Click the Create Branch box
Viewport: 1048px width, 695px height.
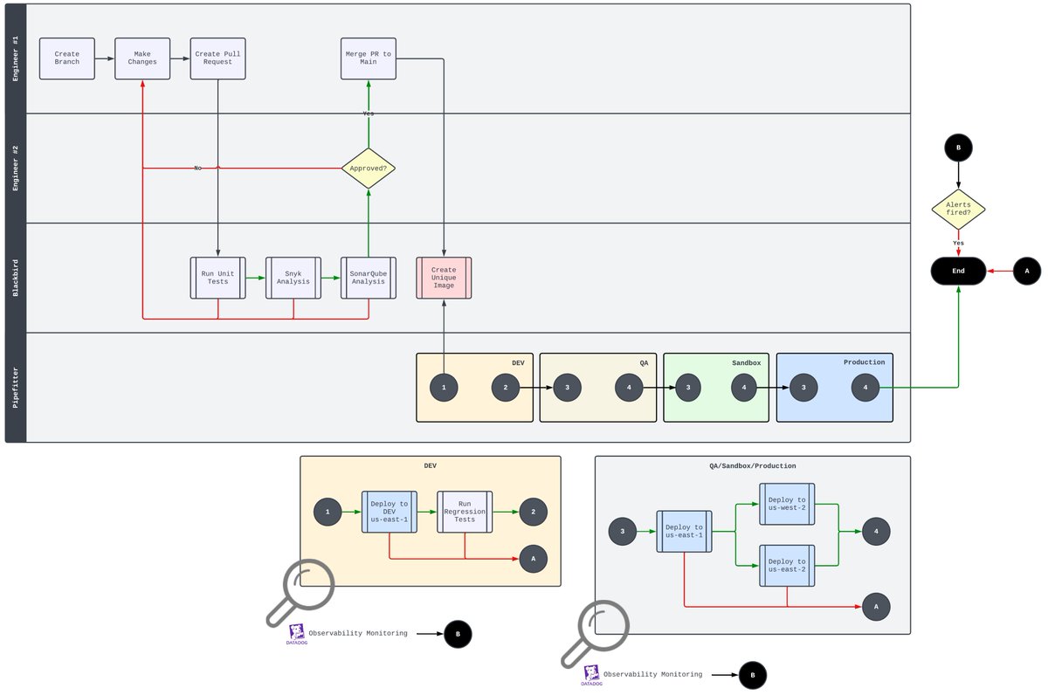point(67,58)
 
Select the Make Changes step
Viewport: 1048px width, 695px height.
point(142,58)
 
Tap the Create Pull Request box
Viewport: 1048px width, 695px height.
point(218,58)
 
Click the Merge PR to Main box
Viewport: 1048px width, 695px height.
point(369,58)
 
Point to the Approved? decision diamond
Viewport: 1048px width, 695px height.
point(369,168)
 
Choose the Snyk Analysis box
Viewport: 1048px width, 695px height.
point(293,278)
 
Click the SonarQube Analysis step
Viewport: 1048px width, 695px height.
point(369,278)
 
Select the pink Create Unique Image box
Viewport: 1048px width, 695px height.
point(444,278)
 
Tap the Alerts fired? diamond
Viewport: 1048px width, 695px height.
point(958,210)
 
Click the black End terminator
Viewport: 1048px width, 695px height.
point(958,272)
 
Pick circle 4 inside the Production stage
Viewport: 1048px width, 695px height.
point(865,388)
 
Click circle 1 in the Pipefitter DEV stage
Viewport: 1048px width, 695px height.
point(444,388)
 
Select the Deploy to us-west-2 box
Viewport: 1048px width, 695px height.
point(787,505)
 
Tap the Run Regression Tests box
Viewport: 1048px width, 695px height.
point(465,512)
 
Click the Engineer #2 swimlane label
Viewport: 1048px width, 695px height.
point(16,168)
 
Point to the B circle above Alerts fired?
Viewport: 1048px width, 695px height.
point(958,148)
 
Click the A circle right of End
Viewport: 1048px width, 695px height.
point(1027,272)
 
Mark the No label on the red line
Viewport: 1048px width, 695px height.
point(198,168)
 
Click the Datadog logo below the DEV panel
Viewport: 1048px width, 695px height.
point(296,634)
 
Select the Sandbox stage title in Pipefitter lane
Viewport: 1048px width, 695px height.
point(746,362)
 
